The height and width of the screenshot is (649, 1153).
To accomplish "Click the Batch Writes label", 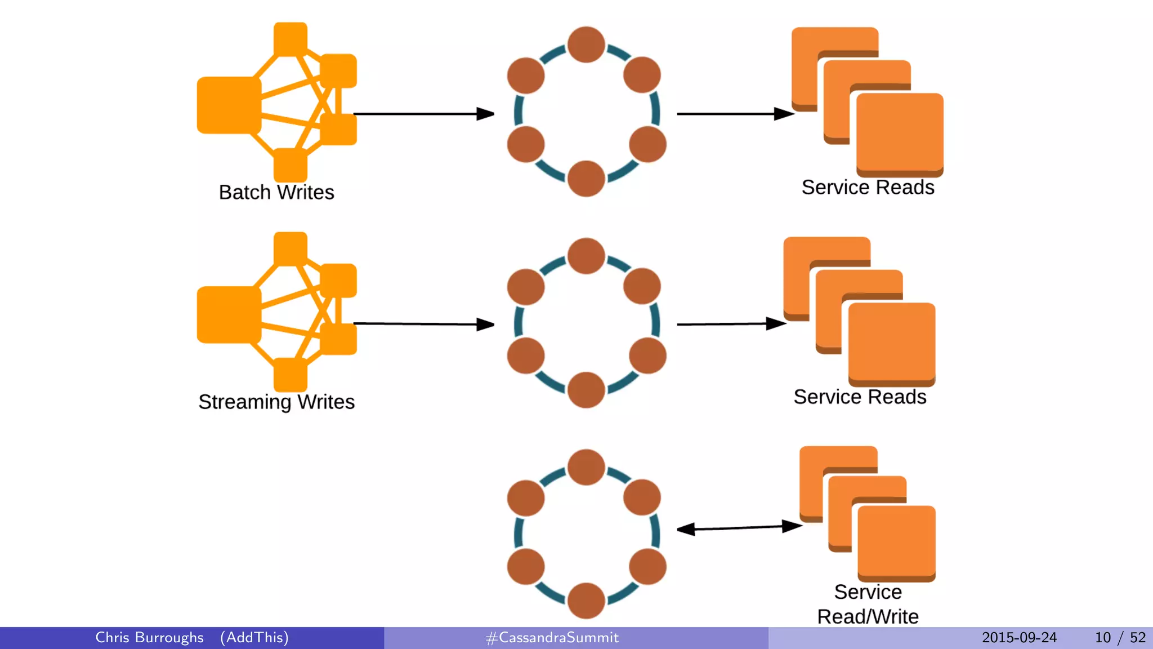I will [276, 193].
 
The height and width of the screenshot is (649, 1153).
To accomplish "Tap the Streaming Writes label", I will [276, 402].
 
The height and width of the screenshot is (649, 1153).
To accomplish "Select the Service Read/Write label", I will [868, 604].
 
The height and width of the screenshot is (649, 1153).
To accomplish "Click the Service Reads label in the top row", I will [868, 188].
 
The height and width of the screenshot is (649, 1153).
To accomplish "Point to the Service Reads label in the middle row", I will [860, 397].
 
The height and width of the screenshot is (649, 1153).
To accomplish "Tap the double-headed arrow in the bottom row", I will [739, 528].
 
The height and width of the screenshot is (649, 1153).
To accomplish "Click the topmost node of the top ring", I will [586, 45].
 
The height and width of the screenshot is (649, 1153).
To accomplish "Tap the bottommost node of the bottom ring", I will [586, 601].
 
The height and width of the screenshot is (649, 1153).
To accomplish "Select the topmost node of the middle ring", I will [586, 256].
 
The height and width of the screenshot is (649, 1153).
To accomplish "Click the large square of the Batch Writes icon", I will [229, 105].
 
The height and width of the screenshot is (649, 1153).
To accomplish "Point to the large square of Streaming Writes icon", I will [229, 315].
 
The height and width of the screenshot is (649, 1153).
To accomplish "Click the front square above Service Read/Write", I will [896, 542].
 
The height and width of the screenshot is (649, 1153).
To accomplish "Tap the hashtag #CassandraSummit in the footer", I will [552, 638].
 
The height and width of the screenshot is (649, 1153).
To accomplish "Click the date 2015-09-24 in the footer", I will [1019, 638].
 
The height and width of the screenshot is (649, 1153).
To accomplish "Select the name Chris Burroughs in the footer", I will [149, 638].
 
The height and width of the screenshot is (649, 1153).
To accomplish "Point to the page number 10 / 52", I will [1120, 638].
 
